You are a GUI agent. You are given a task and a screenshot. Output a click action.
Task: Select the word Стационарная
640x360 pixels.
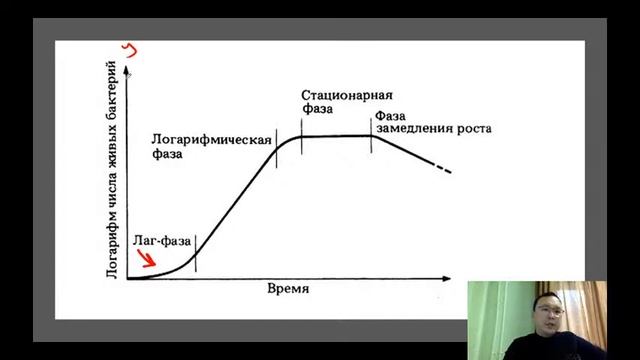pyautogui.click(x=347, y=96)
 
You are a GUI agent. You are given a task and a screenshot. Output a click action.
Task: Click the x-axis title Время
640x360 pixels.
pyautogui.click(x=289, y=289)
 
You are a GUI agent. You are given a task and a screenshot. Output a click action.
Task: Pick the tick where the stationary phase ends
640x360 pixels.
pyautogui.click(x=371, y=136)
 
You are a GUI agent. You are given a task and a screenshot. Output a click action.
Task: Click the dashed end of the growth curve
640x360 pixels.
pyautogui.click(x=443, y=171)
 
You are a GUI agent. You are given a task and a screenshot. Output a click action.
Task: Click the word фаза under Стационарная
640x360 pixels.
pyautogui.click(x=317, y=112)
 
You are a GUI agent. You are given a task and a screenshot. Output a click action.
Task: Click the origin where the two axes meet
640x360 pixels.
pyautogui.click(x=129, y=277)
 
